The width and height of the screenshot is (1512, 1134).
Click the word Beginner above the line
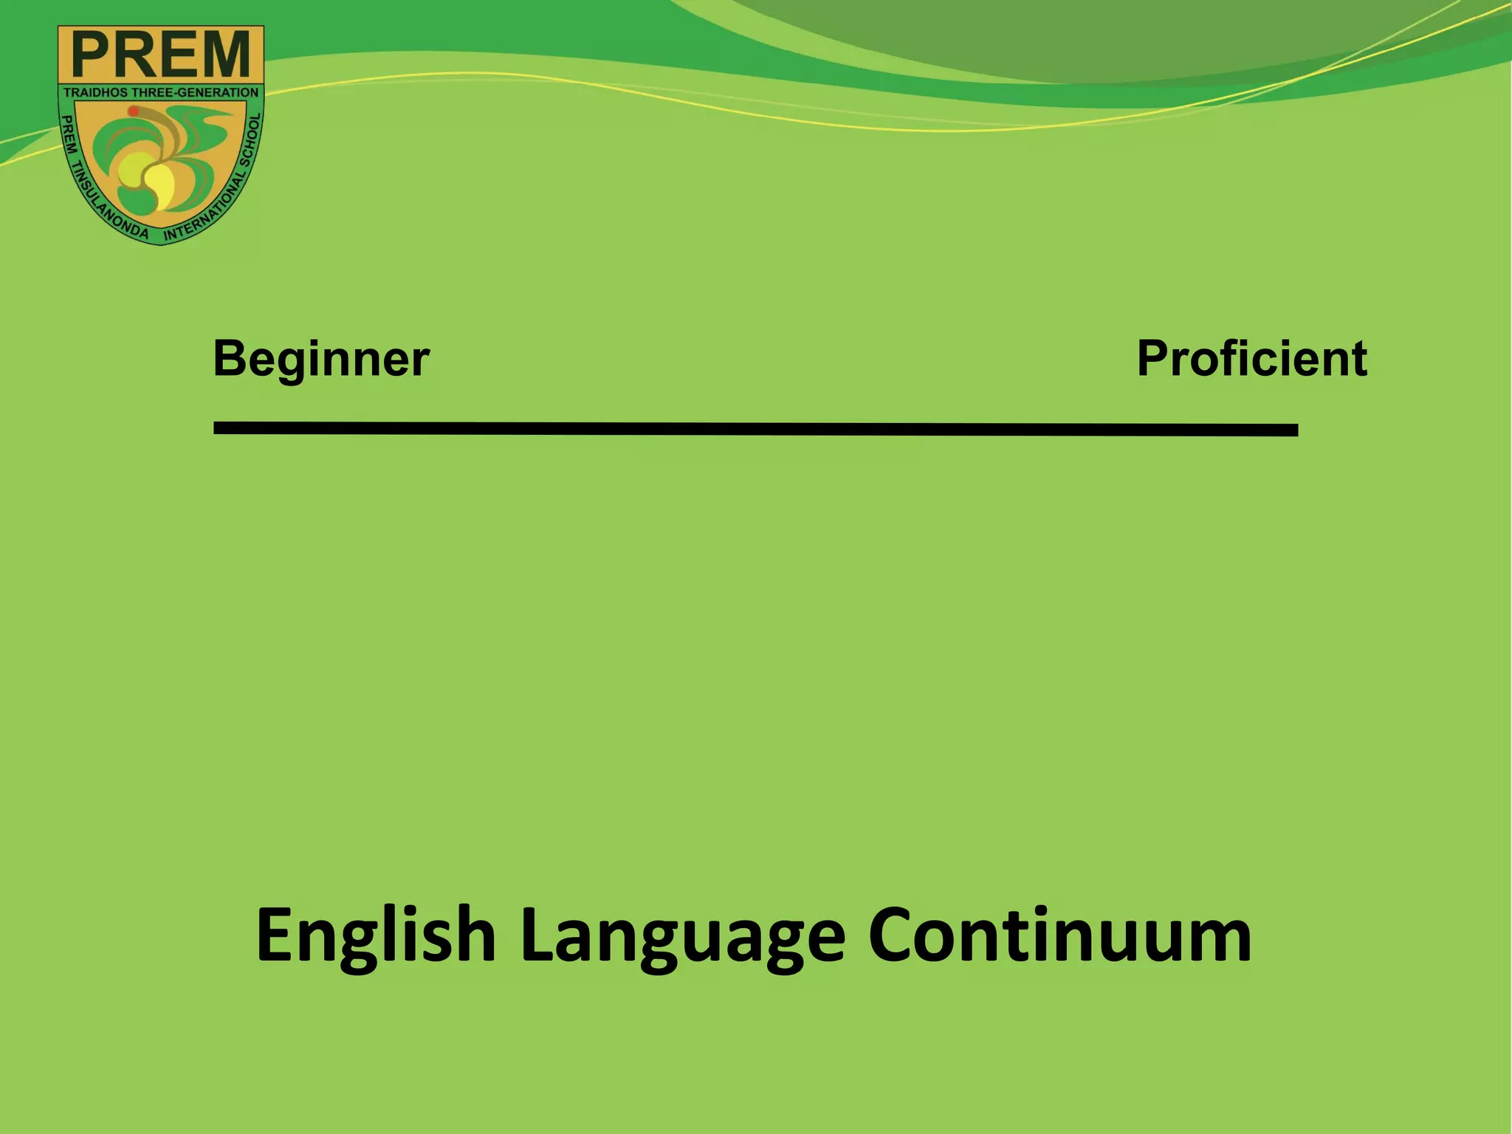(321, 360)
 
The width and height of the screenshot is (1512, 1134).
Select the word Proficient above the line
(1251, 360)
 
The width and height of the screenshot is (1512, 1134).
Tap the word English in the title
(375, 936)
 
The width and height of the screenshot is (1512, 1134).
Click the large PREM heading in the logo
(161, 55)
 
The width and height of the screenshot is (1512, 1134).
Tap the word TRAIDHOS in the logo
(96, 93)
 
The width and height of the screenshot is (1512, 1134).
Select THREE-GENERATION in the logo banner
(196, 93)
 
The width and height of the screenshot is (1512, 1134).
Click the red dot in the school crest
(134, 111)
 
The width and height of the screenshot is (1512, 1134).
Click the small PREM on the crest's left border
(66, 133)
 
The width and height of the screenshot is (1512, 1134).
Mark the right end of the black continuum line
(1295, 430)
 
